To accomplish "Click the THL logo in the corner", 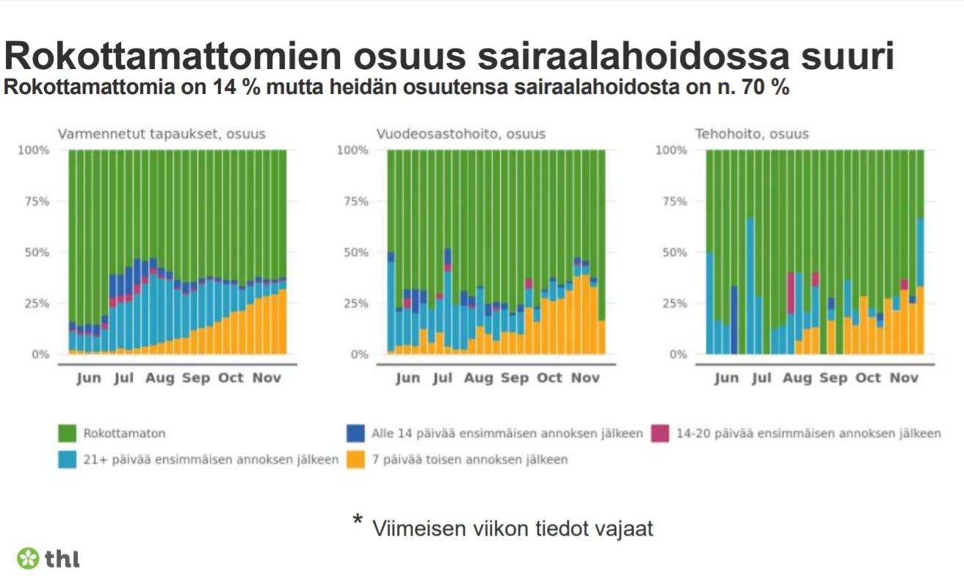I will (48, 558).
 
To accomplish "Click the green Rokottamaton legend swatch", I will (67, 434).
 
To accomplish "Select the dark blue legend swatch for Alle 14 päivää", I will (355, 434).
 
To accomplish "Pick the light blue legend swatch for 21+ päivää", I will (67, 460).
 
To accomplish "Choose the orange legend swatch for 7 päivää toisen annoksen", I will (355, 460).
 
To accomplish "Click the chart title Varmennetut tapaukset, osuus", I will (162, 134).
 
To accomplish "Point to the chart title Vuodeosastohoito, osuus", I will (461, 134).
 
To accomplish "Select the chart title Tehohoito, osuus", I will (752, 134).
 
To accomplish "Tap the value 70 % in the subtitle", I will (764, 87).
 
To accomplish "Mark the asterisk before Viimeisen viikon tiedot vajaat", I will (358, 522).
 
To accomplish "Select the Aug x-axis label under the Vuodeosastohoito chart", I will (479, 378).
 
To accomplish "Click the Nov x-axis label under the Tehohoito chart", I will (904, 378).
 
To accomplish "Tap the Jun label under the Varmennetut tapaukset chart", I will (89, 378).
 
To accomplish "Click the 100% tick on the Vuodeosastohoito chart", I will (352, 151).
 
